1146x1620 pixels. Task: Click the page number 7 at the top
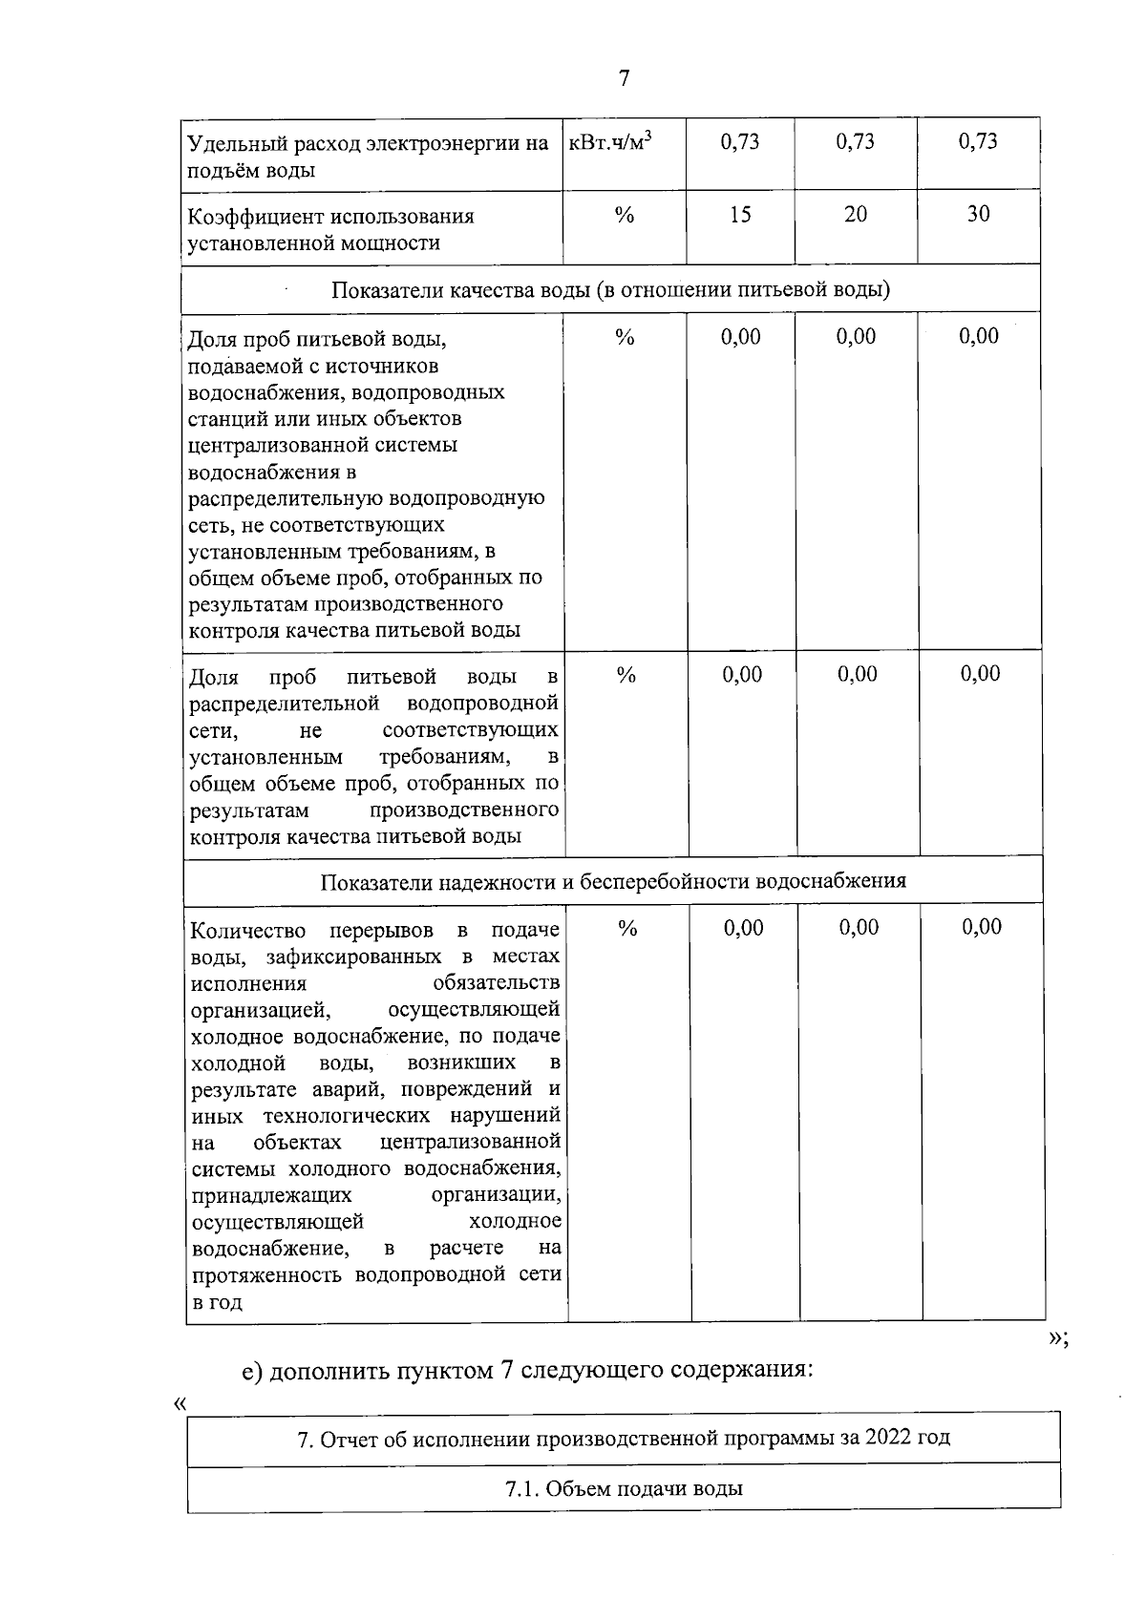[x=624, y=78]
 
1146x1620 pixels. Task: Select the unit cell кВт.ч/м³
[x=611, y=142]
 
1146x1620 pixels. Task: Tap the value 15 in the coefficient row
[x=740, y=215]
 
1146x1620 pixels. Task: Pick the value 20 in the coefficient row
[x=856, y=215]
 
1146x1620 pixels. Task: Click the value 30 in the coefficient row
[x=978, y=215]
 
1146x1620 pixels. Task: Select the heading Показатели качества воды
[x=610, y=289]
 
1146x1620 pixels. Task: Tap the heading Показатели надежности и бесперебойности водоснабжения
[x=613, y=881]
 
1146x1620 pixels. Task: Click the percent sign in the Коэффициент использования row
[x=625, y=216]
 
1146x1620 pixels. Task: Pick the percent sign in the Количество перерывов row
[x=627, y=928]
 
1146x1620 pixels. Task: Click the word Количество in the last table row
[x=248, y=931]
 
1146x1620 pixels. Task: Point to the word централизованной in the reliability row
[x=469, y=1143]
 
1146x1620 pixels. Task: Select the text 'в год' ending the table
[x=217, y=1302]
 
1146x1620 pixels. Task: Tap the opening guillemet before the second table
[x=180, y=1403]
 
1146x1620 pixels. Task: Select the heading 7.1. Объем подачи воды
[x=624, y=1488]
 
